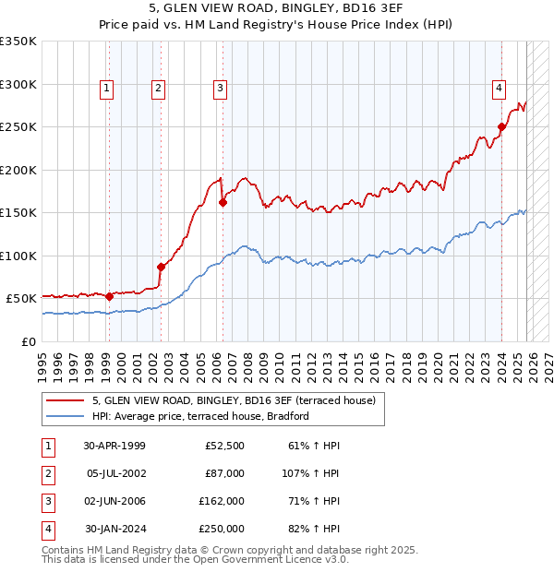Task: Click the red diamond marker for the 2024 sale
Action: [x=501, y=127]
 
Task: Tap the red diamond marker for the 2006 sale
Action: [x=223, y=202]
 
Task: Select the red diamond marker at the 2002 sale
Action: [x=161, y=267]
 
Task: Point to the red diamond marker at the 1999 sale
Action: [x=109, y=296]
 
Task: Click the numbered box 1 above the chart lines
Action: [x=107, y=89]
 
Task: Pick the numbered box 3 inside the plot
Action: [x=221, y=89]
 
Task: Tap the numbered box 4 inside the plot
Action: [x=499, y=89]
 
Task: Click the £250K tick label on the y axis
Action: [x=18, y=127]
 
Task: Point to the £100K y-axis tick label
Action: [x=18, y=256]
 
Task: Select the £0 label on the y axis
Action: [x=28, y=341]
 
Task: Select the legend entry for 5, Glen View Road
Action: [x=234, y=400]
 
